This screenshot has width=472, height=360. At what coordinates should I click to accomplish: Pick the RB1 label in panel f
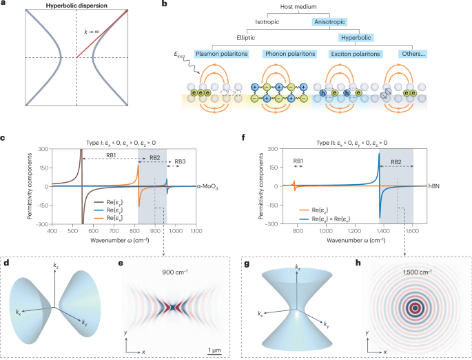click(298, 162)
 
